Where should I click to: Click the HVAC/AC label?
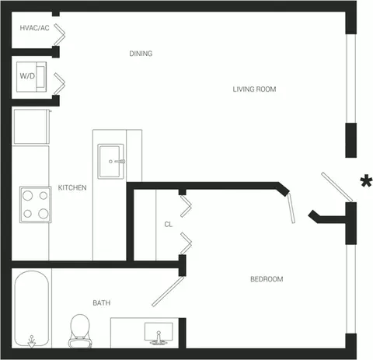point(34,28)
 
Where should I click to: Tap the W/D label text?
point(27,76)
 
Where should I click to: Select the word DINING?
point(141,54)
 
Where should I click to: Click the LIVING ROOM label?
point(254,89)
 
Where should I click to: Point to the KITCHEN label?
point(72,187)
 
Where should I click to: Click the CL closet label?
point(169,224)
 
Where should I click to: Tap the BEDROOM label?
point(267,279)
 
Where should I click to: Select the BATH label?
point(102,302)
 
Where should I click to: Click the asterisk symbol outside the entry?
point(366,180)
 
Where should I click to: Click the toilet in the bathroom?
point(80,331)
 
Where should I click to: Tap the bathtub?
point(32,309)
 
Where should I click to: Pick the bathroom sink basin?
point(159,334)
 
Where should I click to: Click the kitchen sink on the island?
point(110,162)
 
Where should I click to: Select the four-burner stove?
point(36,204)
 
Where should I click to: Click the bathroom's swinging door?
point(168,292)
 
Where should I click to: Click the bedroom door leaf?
point(291,209)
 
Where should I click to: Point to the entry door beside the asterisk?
point(337,187)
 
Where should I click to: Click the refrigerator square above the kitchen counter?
point(31,127)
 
